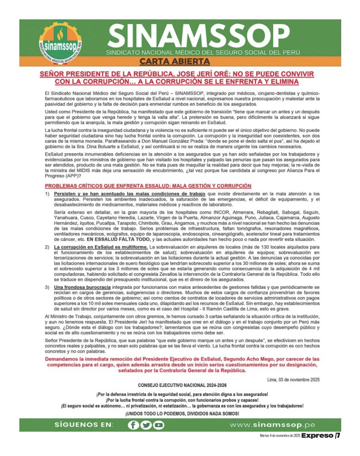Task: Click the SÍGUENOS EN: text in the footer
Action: (84, 424)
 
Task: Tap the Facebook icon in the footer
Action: (133, 424)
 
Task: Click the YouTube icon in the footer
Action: (159, 424)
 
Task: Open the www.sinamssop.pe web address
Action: (272, 424)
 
